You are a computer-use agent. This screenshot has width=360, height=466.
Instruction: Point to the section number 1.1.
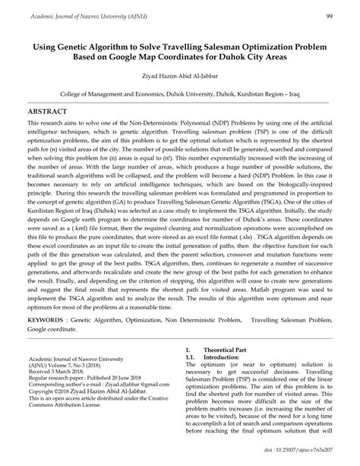click(192, 356)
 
